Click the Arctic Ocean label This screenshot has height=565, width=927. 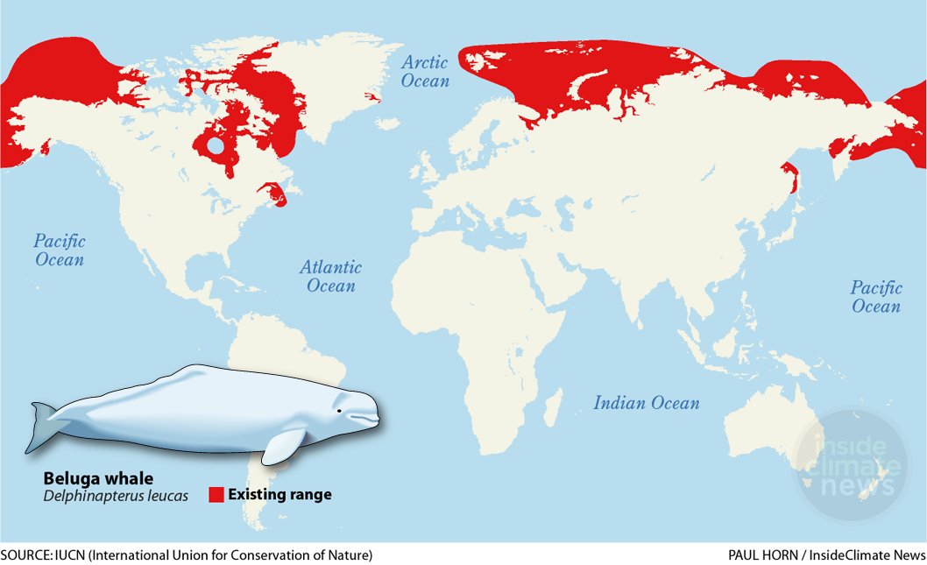(425, 72)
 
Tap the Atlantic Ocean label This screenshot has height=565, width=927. (330, 277)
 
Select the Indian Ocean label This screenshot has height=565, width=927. (647, 403)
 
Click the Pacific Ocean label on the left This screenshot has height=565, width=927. (60, 250)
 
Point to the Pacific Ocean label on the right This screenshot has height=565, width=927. (876, 297)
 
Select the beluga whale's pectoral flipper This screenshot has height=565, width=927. (284, 447)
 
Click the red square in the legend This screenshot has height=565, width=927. (216, 495)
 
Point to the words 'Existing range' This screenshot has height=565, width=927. (280, 495)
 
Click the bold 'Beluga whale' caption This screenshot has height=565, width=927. (99, 479)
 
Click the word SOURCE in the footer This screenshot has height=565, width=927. (27, 555)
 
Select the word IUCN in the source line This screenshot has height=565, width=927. (72, 555)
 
